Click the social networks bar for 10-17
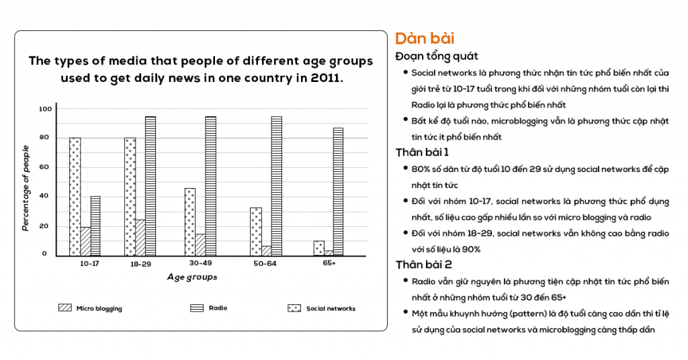(x=75, y=196)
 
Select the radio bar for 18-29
(x=150, y=186)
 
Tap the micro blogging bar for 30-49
(x=200, y=244)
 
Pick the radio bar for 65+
(x=338, y=191)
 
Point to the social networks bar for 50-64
(x=255, y=232)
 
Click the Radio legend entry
(x=208, y=308)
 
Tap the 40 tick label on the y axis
(x=44, y=196)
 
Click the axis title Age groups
(x=192, y=277)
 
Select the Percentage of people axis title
(x=26, y=188)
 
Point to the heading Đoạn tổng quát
(x=437, y=56)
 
